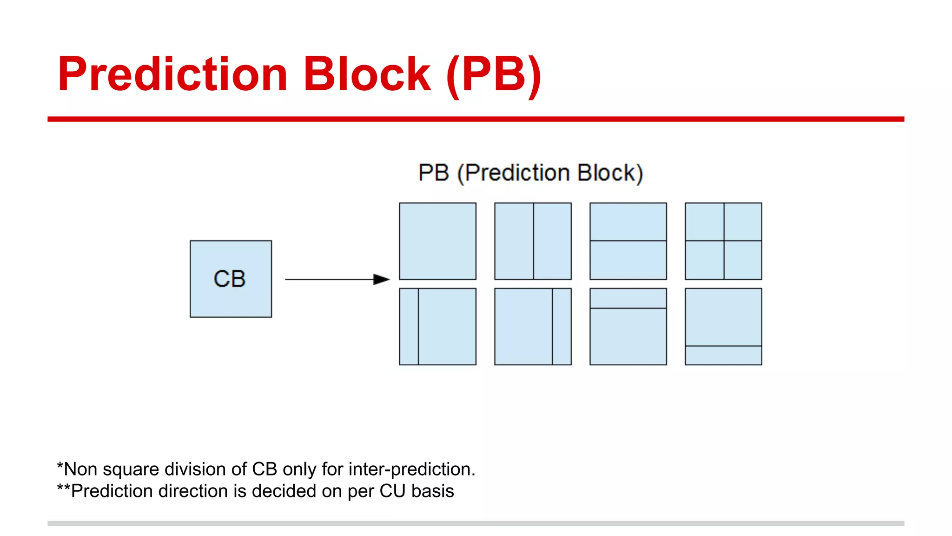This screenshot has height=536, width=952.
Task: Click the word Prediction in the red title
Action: click(172, 74)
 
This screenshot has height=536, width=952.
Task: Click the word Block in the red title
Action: click(367, 74)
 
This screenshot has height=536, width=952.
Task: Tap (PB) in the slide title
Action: click(494, 74)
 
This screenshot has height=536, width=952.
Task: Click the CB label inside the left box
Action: click(230, 279)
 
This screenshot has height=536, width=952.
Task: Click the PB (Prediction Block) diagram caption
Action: click(530, 173)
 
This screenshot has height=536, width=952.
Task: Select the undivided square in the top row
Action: click(437, 241)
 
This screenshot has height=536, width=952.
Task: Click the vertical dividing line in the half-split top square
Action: click(533, 241)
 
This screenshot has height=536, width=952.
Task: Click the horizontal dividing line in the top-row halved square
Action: click(628, 241)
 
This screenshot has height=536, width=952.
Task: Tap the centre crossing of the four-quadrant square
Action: click(724, 241)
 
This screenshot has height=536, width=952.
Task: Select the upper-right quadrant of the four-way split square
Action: click(743, 222)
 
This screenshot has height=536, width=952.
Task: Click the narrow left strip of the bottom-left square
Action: click(409, 327)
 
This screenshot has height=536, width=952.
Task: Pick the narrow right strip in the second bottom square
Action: click(562, 327)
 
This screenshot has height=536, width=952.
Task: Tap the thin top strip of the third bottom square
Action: click(628, 298)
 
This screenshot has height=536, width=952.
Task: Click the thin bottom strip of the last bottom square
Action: click(723, 355)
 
